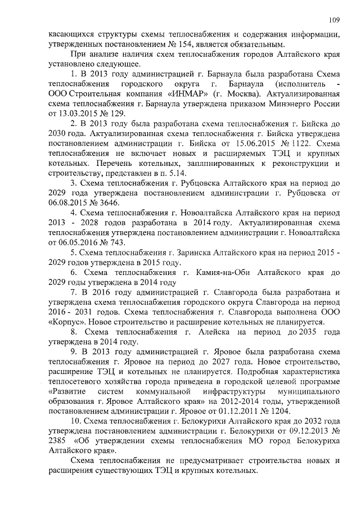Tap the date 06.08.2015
click(69, 202)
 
